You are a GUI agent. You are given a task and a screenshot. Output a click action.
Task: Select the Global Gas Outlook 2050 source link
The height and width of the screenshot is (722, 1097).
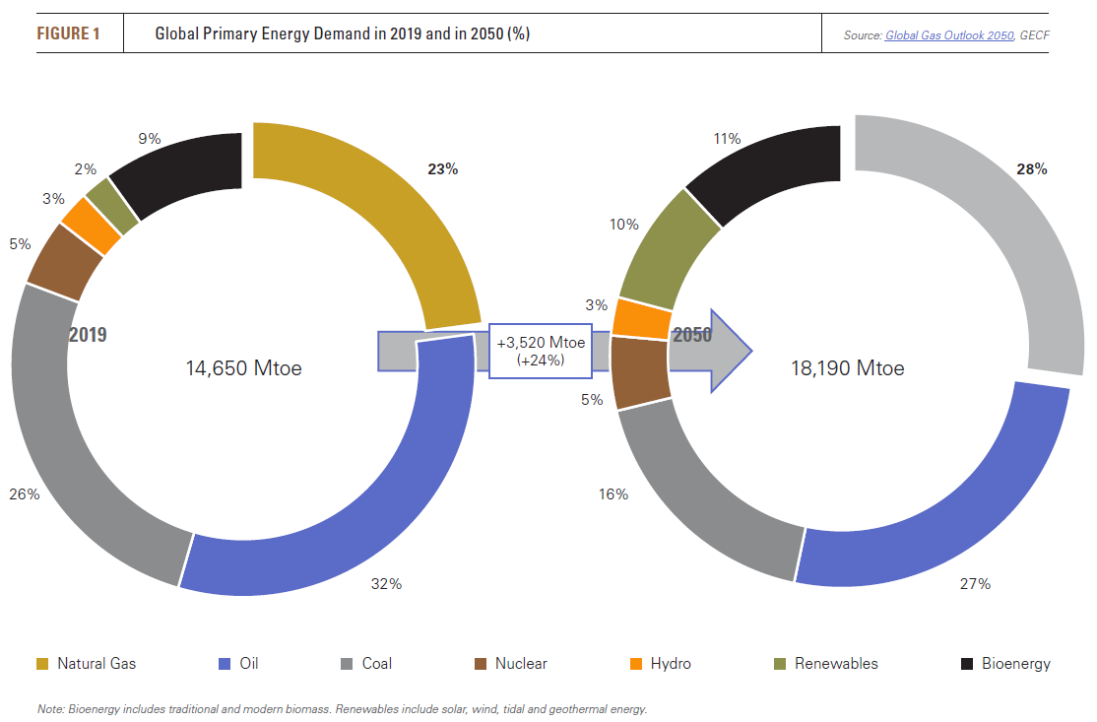pyautogui.click(x=948, y=35)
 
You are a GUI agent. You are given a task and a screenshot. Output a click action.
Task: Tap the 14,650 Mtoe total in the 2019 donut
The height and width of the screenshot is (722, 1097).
pyautogui.click(x=243, y=369)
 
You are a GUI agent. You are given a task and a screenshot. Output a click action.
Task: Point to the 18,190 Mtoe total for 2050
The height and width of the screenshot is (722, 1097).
pyautogui.click(x=847, y=369)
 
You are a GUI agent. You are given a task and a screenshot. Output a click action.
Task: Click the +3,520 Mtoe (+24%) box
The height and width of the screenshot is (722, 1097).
pyautogui.click(x=541, y=351)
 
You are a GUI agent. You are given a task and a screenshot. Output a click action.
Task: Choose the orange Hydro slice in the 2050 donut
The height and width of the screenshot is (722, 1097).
pyautogui.click(x=641, y=316)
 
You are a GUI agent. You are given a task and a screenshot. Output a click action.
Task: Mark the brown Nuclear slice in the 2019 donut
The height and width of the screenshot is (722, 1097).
pyautogui.click(x=66, y=260)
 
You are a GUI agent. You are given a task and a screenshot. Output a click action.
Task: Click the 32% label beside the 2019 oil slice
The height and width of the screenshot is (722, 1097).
pyautogui.click(x=386, y=584)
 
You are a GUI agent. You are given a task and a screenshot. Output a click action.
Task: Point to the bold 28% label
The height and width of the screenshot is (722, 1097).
pyautogui.click(x=1032, y=169)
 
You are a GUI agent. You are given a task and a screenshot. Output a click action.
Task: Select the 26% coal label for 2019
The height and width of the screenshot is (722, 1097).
pyautogui.click(x=25, y=494)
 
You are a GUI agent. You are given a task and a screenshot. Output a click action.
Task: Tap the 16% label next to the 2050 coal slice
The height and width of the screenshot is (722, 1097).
pyautogui.click(x=613, y=494)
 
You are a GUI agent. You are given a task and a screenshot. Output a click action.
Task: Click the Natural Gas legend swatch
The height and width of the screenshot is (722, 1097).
pyautogui.click(x=42, y=664)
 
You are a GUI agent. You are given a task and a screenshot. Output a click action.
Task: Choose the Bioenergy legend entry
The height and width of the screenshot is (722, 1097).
pyautogui.click(x=1005, y=664)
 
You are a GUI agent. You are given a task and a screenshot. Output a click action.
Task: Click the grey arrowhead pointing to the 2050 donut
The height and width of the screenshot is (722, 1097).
pyautogui.click(x=731, y=351)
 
